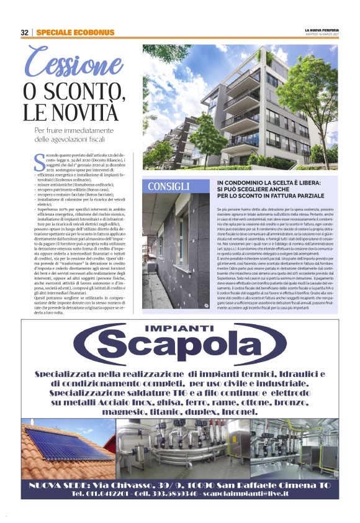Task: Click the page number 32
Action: pyautogui.click(x=25, y=32)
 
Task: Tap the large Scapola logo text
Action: pyautogui.click(x=180, y=350)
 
